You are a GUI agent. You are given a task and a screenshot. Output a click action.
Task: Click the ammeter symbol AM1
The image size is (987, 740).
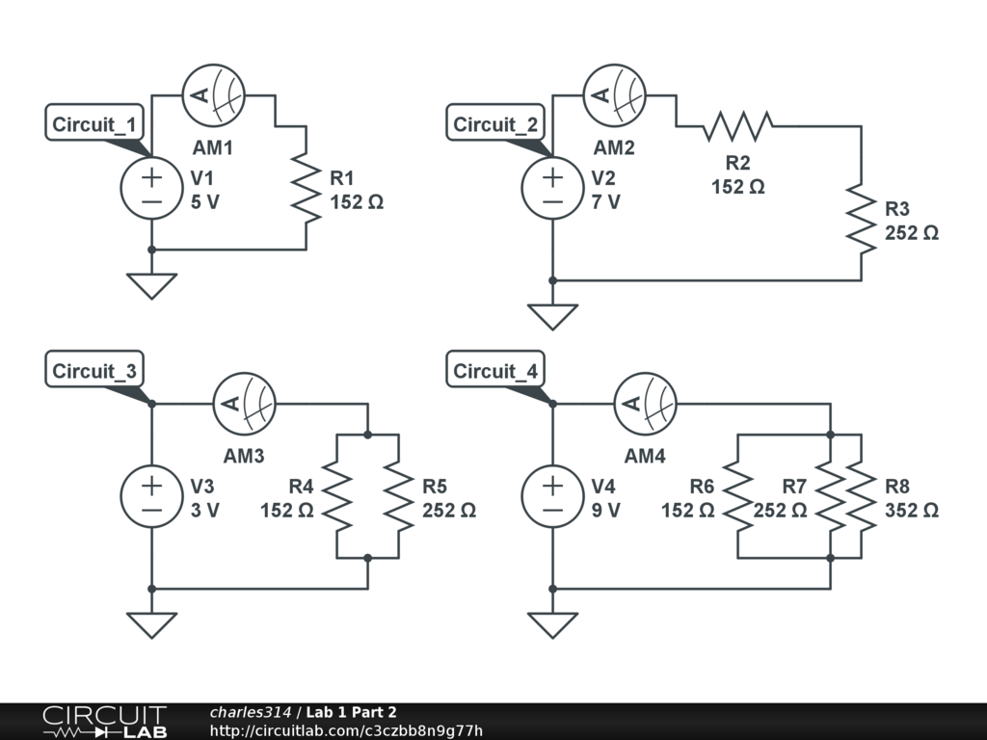pos(213,95)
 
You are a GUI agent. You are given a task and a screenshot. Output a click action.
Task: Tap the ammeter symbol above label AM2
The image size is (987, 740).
pos(614,95)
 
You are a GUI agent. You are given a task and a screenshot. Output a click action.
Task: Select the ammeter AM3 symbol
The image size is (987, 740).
pos(244,404)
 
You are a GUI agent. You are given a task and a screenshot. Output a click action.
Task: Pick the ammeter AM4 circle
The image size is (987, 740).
pos(645,404)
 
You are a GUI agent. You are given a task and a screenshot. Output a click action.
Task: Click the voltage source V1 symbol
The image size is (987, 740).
pos(151,188)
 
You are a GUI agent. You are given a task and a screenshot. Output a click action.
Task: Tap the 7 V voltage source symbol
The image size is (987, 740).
pos(552,188)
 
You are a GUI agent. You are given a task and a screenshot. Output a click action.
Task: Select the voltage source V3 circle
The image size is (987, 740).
pos(151,496)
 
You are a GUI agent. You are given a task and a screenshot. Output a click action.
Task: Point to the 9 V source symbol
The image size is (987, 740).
pos(552,496)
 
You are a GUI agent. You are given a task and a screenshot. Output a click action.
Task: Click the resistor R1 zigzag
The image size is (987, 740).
pos(307,188)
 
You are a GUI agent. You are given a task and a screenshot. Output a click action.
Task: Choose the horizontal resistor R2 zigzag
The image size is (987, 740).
pos(737,125)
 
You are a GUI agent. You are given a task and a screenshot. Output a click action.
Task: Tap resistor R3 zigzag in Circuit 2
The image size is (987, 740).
pos(861,219)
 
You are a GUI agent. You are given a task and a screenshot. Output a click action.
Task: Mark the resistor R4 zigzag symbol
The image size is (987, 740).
pos(337,496)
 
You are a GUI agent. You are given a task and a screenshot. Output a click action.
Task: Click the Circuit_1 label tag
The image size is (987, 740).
pos(97,124)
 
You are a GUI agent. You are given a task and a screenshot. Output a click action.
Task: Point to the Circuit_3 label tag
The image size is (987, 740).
pos(97,371)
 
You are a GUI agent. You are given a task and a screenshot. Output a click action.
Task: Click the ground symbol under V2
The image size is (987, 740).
pos(552,316)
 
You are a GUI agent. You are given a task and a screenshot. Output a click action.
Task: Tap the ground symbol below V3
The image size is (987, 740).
pos(151,624)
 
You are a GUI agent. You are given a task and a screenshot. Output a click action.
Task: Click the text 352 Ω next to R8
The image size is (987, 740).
pos(911,511)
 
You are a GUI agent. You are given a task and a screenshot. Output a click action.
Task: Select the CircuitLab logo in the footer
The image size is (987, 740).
pos(104,722)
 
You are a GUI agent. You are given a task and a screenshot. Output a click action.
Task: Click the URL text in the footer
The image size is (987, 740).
pos(345,730)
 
